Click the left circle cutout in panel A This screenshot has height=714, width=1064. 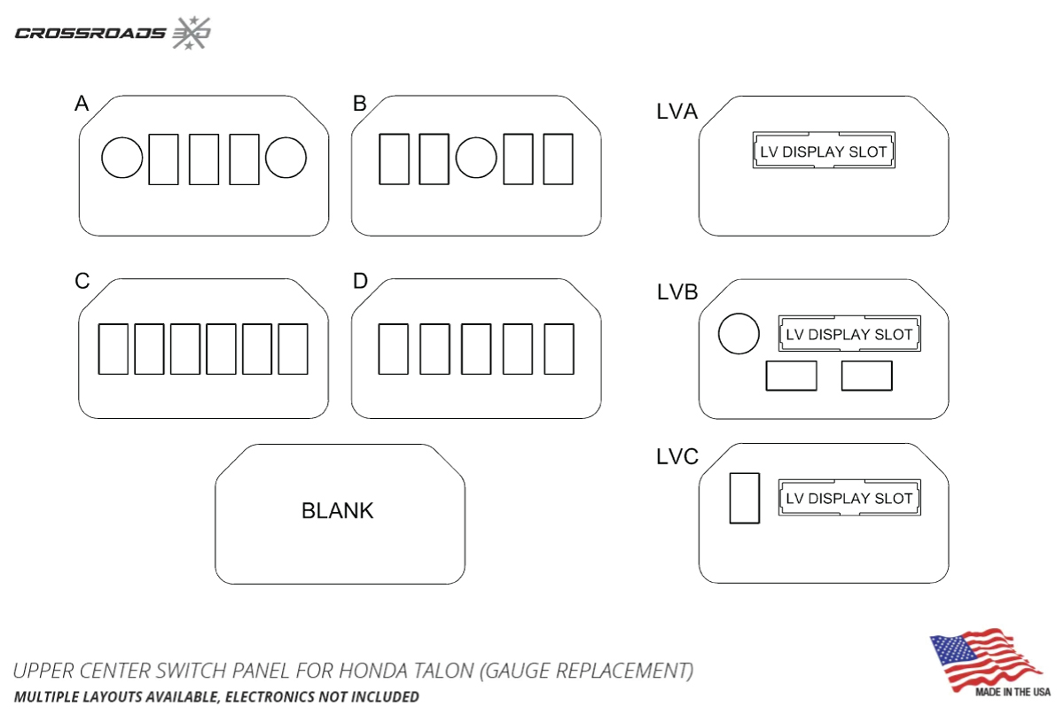coord(122,159)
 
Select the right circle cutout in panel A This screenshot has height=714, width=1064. coord(286,159)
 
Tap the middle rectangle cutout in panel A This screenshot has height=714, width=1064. coord(204,159)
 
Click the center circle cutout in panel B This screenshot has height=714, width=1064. coord(476,159)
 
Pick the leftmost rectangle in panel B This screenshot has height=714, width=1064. coord(394,159)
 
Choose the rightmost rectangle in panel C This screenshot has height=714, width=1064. coord(293,349)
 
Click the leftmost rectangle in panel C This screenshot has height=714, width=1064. coord(113,349)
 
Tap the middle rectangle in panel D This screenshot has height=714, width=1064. coord(476,349)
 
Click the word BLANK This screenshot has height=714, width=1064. coord(338,511)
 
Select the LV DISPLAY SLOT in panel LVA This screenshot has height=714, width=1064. coord(823,151)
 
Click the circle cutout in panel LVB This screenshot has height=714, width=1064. coord(739,334)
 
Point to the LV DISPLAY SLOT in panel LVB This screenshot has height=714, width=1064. coord(849,335)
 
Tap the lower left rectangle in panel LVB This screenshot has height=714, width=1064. coord(791,376)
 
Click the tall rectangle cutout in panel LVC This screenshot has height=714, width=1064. coord(745,498)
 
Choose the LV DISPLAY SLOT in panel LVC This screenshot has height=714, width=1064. coord(849,498)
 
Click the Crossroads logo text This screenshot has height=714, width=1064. coord(90,34)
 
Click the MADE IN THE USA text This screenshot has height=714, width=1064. coord(1013,691)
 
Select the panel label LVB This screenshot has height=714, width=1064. coord(677,292)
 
